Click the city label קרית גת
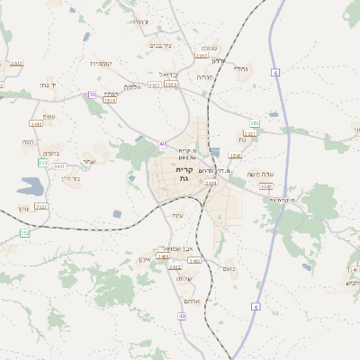[184, 175]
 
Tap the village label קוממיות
[100, 63]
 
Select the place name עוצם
[49, 117]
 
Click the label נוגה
[28, 142]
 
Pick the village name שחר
[88, 162]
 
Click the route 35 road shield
[92, 94]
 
